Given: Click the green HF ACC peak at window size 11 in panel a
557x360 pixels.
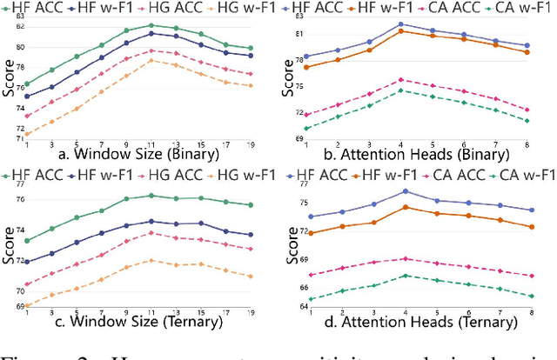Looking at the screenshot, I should point(151,25).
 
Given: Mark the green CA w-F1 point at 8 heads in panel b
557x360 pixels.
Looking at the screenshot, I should point(527,121).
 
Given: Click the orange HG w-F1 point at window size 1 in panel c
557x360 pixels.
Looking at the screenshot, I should point(25,305).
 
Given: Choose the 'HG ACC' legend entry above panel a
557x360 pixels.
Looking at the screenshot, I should point(176,9).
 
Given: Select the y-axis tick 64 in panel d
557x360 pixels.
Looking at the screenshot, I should point(296,306).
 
